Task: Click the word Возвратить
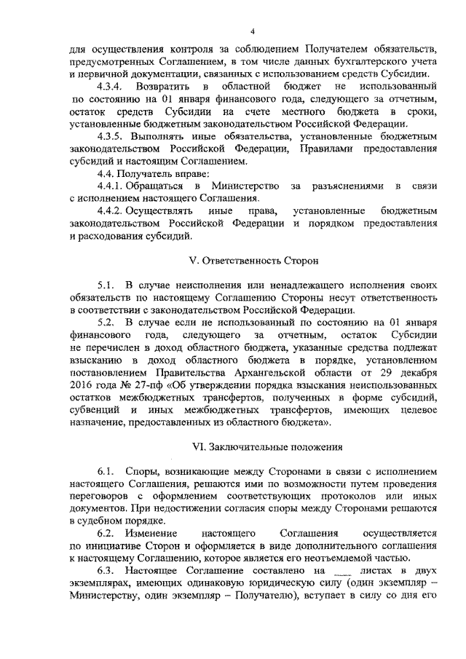(165, 87)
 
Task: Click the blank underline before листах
(332, 572)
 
